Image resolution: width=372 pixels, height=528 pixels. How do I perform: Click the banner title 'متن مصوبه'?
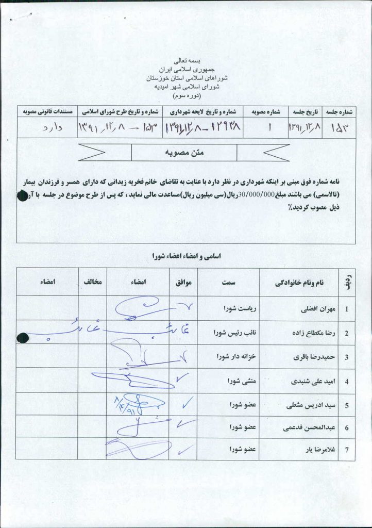(184, 153)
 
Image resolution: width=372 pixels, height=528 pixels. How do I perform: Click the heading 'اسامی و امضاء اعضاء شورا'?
(185, 256)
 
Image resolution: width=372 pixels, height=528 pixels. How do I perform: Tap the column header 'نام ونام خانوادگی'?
(298, 283)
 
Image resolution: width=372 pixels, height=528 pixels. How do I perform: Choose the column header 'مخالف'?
(92, 282)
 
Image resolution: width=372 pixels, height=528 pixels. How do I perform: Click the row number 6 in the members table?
(347, 428)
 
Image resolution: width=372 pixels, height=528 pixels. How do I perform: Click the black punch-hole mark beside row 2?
(22, 338)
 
